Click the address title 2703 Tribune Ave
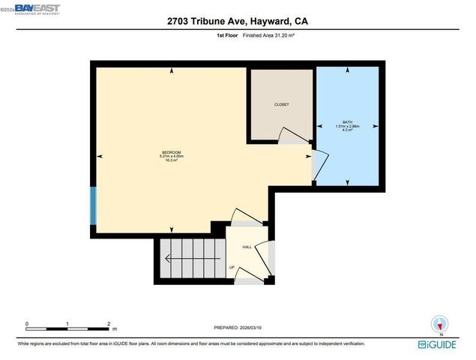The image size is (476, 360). pos(238,22)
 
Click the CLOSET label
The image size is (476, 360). pos(281,104)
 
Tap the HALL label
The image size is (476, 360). pos(247,247)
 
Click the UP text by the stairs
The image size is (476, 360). pos(232,268)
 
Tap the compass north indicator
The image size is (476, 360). pos(442,324)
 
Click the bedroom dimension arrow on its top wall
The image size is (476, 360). pos(173,71)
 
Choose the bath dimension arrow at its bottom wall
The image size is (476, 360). pos(347,182)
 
